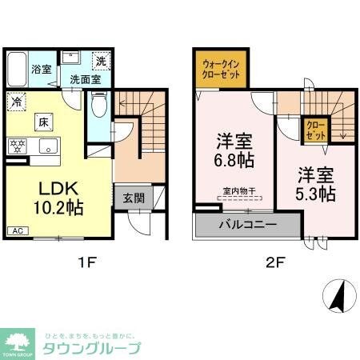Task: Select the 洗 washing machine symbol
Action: [x=102, y=61]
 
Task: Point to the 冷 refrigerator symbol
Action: [x=17, y=102]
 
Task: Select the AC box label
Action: [x=16, y=231]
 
